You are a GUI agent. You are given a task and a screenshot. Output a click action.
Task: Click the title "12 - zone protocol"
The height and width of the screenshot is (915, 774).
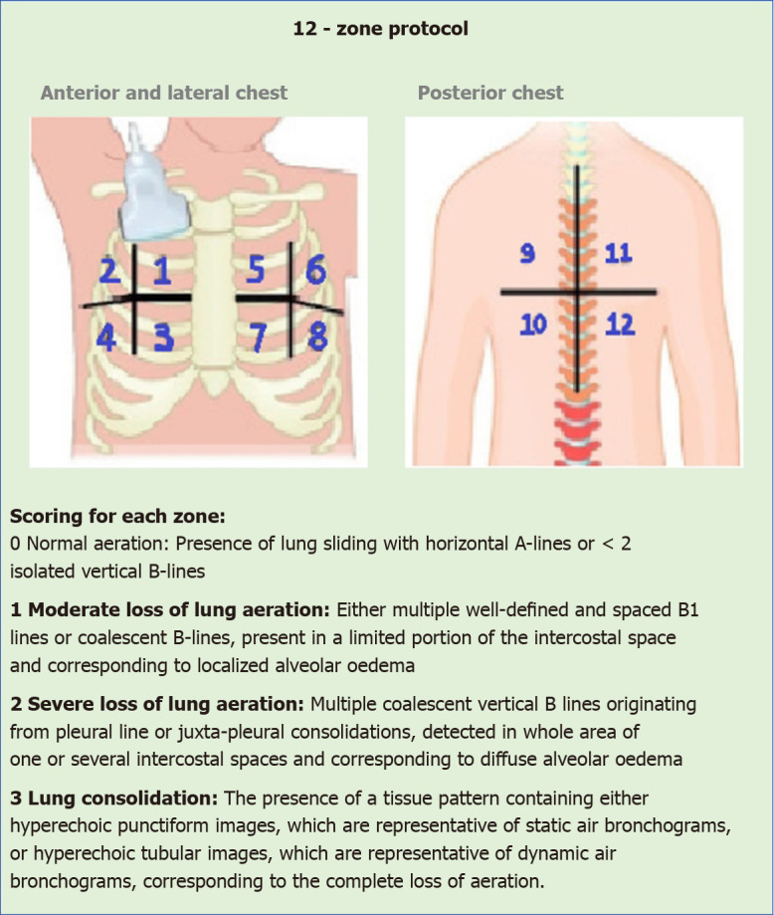pos(380,29)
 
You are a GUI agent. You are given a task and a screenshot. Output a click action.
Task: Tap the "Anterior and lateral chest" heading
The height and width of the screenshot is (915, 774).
pos(164,94)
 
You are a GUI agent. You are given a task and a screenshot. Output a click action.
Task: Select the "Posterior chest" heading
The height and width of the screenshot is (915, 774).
pos(490,94)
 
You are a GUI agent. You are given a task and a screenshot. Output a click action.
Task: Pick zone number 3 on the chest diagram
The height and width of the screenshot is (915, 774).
pos(164,339)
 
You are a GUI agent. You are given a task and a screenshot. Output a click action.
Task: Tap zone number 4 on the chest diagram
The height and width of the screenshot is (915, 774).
pos(106,339)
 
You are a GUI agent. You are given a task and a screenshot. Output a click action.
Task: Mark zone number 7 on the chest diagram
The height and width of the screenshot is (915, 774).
pos(257,339)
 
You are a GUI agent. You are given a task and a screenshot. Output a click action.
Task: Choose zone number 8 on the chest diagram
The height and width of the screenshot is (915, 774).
pos(317,339)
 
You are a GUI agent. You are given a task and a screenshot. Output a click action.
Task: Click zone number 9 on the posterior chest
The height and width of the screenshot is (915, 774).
pos(528,254)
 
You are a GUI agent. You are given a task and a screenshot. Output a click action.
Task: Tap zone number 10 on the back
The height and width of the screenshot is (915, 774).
pos(534,324)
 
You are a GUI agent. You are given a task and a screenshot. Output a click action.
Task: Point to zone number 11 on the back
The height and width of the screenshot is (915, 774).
pos(618,254)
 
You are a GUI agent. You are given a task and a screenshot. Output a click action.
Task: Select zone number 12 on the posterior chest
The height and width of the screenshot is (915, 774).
pos(620,324)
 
